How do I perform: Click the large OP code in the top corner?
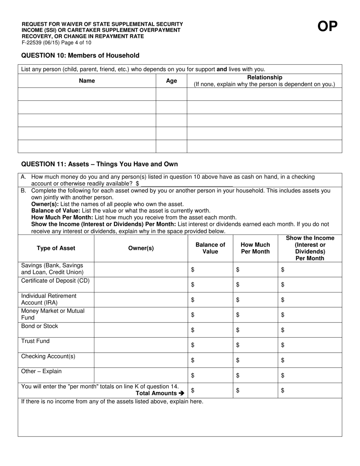(327, 27)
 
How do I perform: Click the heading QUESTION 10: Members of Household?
(80, 56)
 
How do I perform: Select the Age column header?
(171, 81)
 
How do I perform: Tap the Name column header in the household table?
(87, 81)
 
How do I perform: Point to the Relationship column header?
(265, 81)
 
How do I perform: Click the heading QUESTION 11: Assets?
(99, 164)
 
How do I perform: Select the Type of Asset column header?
(56, 248)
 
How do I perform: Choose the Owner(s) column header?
(141, 248)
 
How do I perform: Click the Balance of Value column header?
(210, 248)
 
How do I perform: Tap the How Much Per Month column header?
(255, 248)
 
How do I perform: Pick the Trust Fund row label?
(35, 341)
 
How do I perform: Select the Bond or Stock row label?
(40, 326)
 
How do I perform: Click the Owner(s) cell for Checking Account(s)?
(141, 360)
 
